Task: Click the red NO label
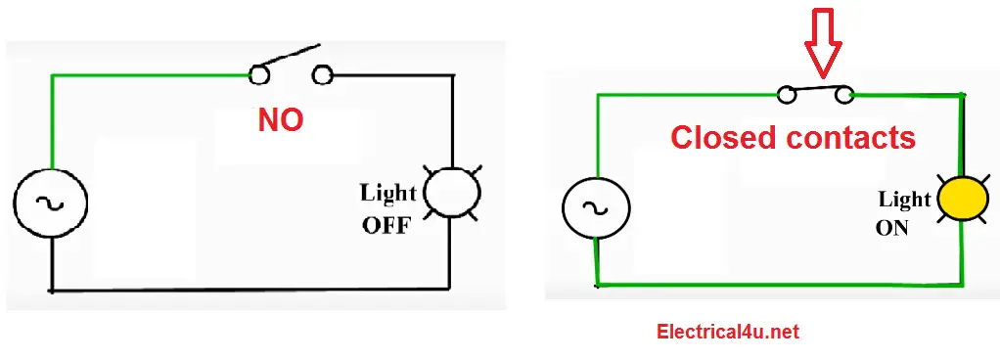(x=281, y=120)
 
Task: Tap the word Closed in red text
(x=725, y=138)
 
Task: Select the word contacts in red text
(x=850, y=138)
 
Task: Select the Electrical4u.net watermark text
(x=727, y=333)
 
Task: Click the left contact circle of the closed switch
(x=786, y=95)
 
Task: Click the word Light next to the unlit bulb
(x=388, y=194)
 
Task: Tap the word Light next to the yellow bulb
(x=904, y=200)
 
